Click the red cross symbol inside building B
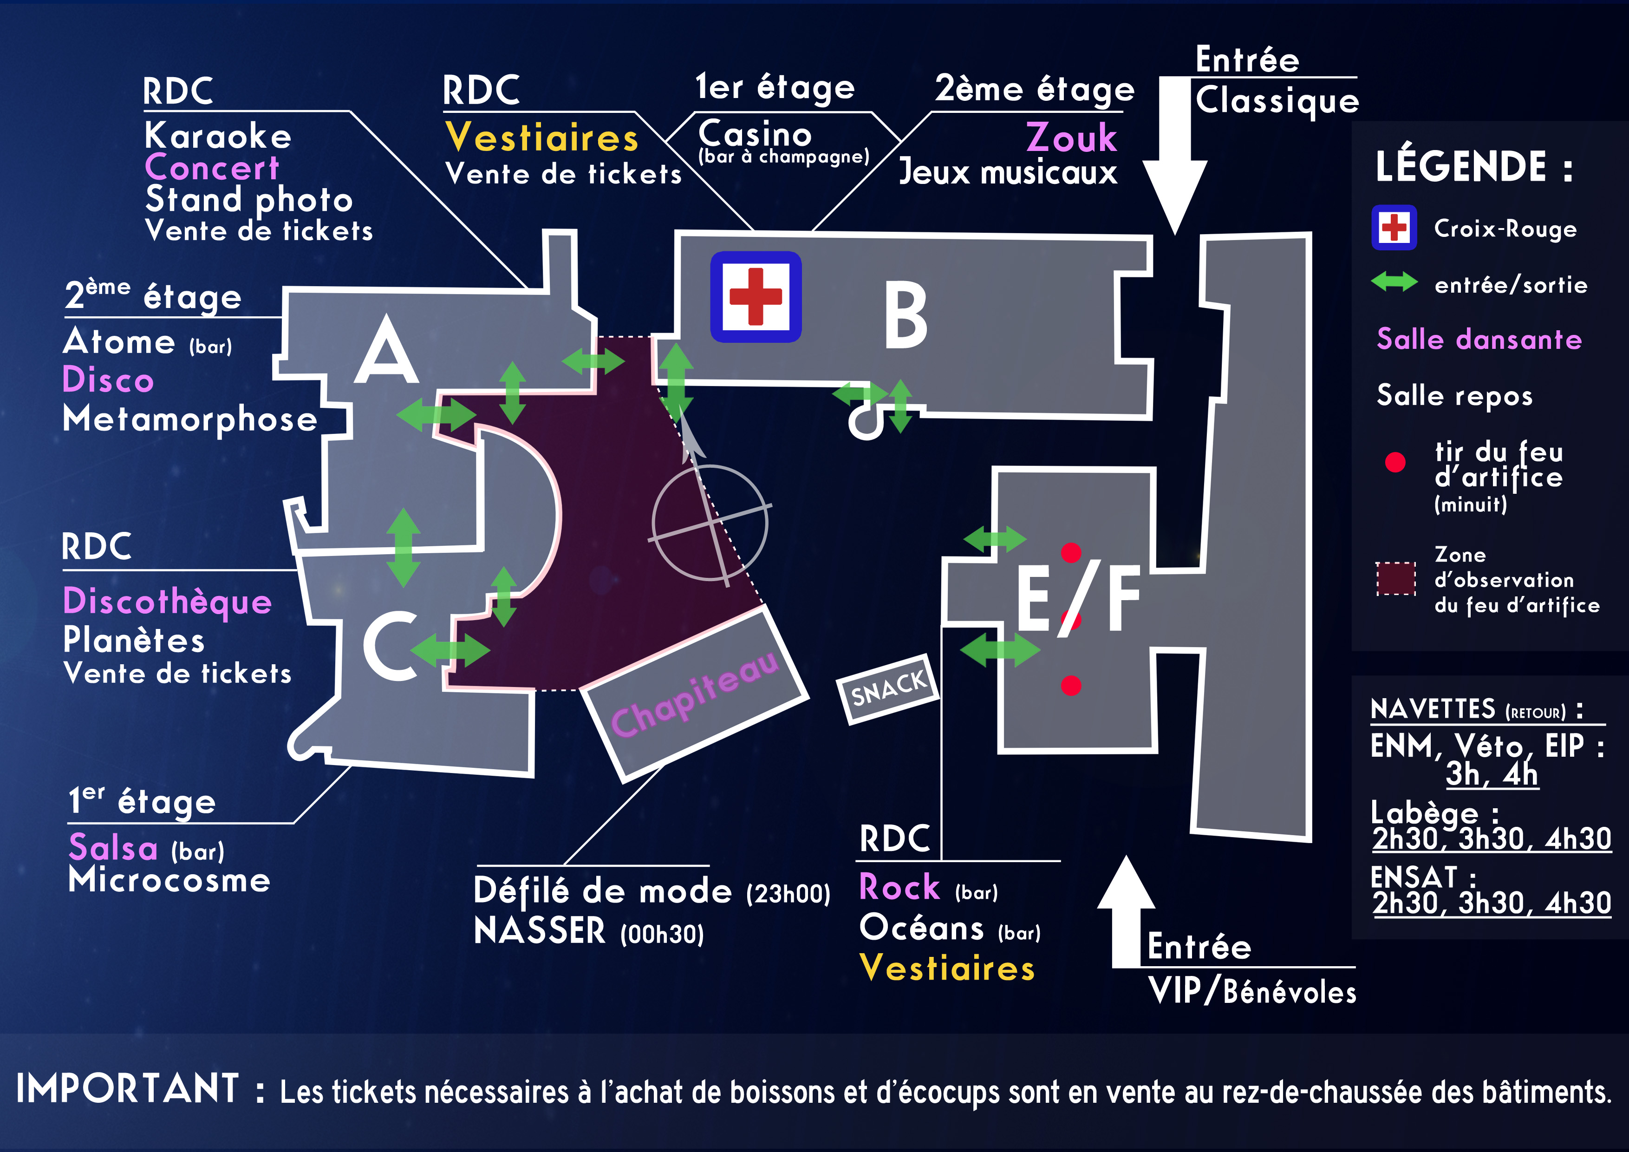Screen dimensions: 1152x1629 click(x=756, y=297)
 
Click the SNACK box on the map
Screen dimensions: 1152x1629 click(x=889, y=688)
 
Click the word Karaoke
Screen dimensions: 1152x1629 click(x=218, y=136)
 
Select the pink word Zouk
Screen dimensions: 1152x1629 click(x=1071, y=137)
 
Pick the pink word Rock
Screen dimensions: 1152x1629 click(x=899, y=887)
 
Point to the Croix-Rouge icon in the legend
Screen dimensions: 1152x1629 click(x=1394, y=228)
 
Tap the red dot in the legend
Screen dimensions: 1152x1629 click(x=1395, y=462)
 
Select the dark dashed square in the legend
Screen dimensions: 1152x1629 click(x=1395, y=578)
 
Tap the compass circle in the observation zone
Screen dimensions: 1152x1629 click(x=710, y=523)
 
